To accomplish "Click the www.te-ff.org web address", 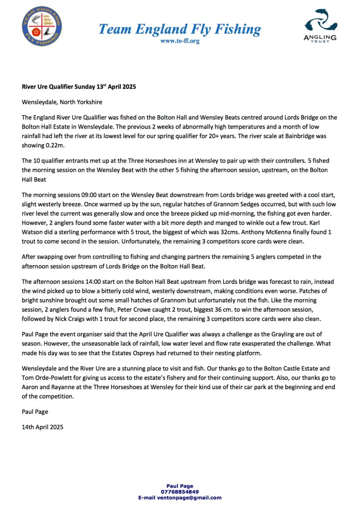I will (180, 41).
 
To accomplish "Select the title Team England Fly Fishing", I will (180, 29).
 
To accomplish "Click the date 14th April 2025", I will (43, 426).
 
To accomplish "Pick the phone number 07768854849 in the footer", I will (180, 492).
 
